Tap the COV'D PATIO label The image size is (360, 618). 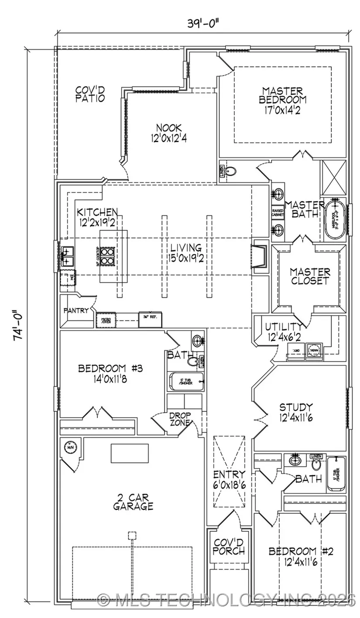point(90,94)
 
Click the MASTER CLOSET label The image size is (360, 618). point(310,277)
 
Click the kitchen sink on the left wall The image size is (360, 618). point(67,256)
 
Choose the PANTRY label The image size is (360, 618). point(76,311)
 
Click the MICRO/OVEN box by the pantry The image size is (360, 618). point(106,320)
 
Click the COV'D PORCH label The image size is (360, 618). point(229,546)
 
